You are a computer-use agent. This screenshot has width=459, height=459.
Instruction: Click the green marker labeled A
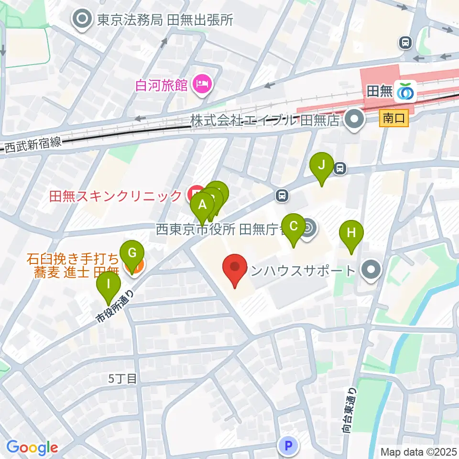click(202, 206)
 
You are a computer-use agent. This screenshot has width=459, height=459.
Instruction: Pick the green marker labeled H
click(351, 233)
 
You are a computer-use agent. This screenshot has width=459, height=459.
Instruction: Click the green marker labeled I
click(109, 285)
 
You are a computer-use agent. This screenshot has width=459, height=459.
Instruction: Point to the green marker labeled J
click(322, 165)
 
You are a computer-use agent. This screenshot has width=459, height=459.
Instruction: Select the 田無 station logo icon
click(405, 92)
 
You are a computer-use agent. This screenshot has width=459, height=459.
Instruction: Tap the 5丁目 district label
click(123, 379)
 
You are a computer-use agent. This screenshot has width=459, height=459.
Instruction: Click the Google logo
click(32, 448)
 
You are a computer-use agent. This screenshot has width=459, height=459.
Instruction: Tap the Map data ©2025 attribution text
click(418, 451)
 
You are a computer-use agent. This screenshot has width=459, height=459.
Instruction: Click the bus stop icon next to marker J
click(340, 168)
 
